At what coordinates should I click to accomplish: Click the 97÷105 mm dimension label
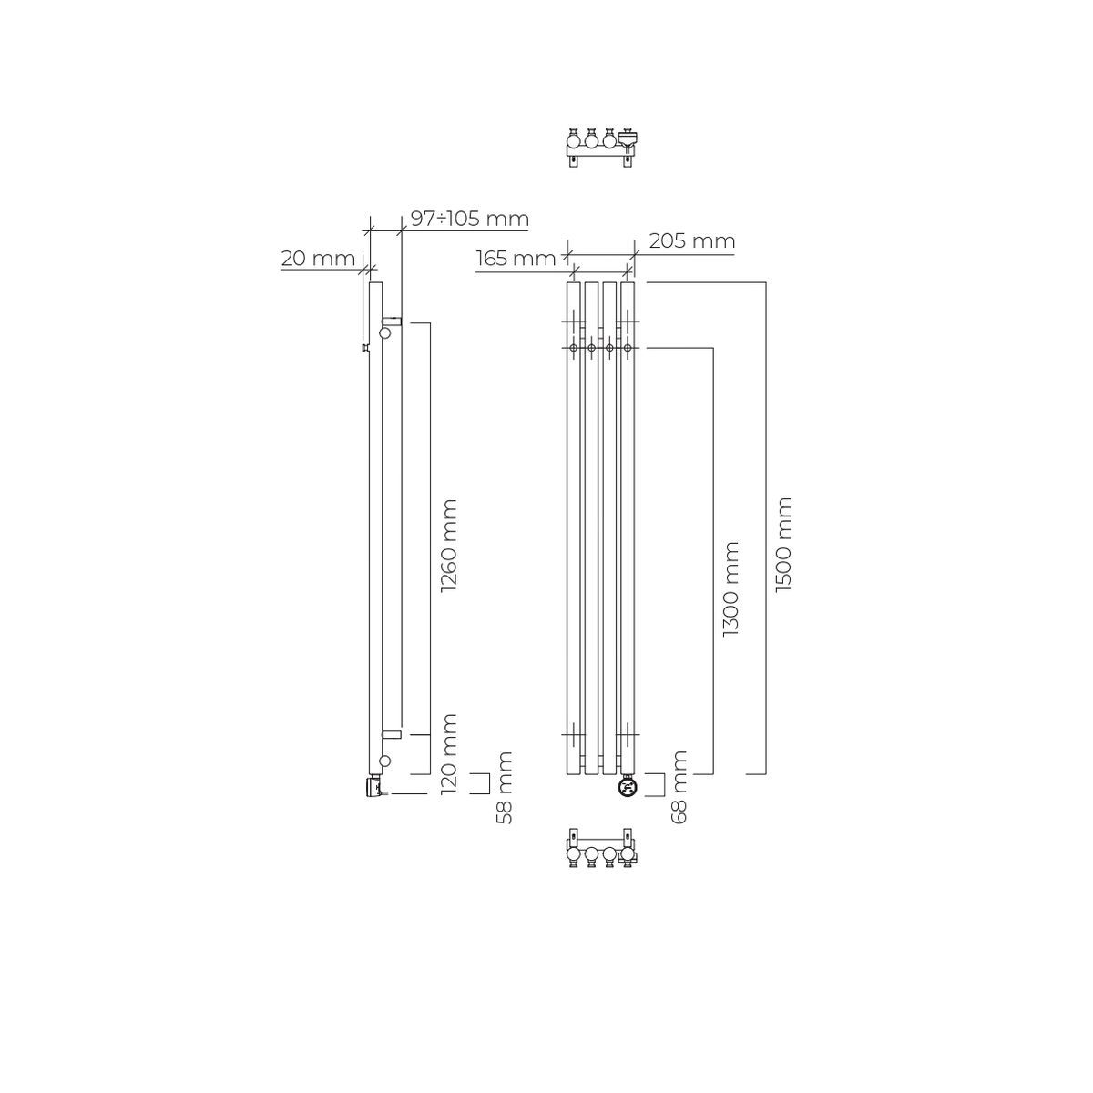pos(470,219)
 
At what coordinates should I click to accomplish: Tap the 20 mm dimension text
pos(318,259)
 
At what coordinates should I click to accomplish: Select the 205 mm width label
pos(692,241)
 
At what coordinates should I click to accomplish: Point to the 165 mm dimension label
pos(516,259)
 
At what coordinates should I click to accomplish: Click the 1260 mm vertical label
pos(449,546)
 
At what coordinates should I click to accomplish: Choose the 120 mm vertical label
pos(449,754)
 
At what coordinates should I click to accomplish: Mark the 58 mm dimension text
pos(505,787)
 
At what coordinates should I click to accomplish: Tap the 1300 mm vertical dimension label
pos(730,588)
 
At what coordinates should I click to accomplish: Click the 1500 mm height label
pos(782,545)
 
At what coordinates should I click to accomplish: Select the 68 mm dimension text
pos(679,787)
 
